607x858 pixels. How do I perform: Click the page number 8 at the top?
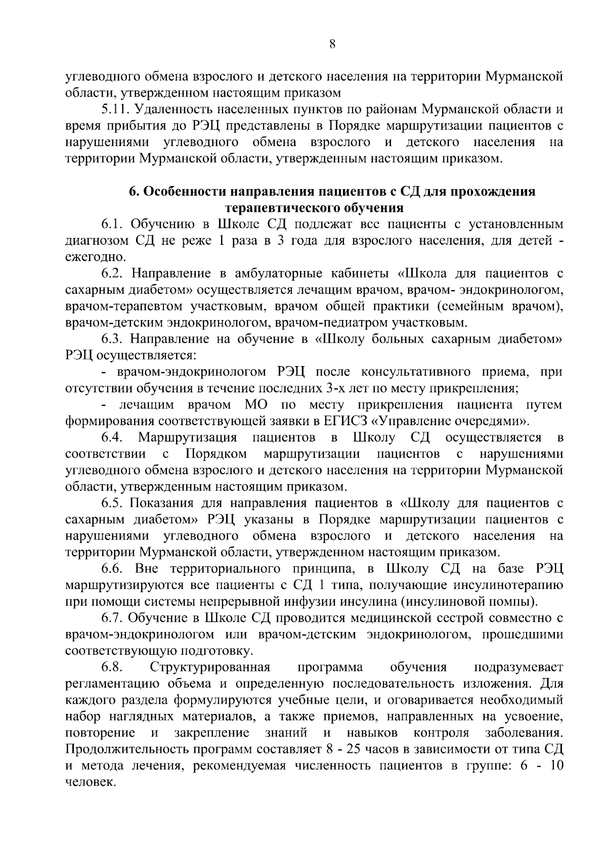coord(332,44)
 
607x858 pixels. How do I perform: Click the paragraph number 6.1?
coord(112,224)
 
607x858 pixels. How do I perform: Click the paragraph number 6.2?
coord(113,274)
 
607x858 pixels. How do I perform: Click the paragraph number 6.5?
coord(113,504)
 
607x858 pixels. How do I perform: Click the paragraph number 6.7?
coord(113,618)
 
